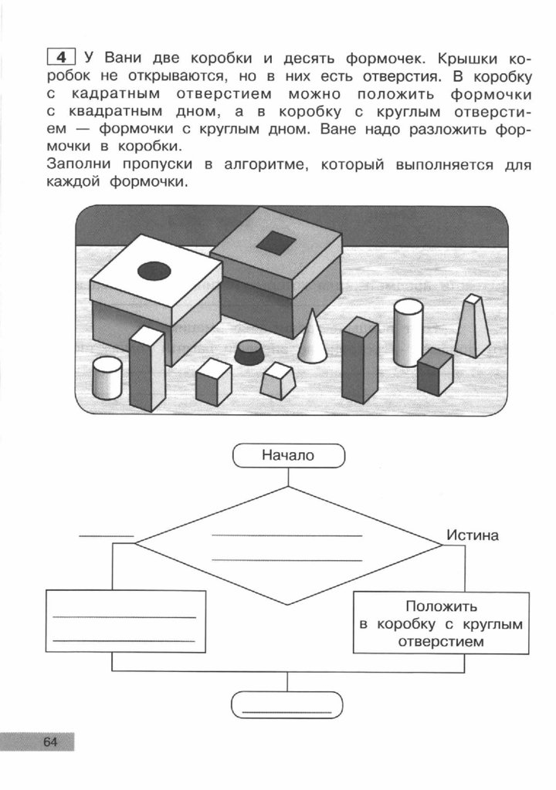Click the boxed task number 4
63,56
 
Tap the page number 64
51,742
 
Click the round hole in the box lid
154,271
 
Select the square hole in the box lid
276,244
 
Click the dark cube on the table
435,371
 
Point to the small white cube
213,381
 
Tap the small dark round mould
249,353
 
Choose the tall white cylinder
408,333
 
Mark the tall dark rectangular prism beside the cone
359,360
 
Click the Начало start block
288,456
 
